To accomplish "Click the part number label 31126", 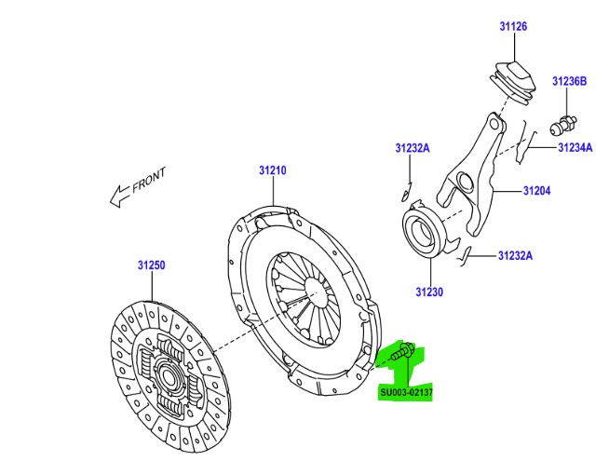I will (512, 27).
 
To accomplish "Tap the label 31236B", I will (569, 82).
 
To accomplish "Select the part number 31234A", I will (575, 146).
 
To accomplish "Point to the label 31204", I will (536, 191).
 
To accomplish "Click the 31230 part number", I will (429, 292).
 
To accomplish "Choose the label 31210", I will (272, 170).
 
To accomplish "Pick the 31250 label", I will (152, 265).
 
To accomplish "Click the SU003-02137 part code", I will (407, 392).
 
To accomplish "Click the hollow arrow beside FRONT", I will (118, 196).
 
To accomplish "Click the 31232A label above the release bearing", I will (411, 148).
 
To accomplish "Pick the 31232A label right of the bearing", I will (514, 256).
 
